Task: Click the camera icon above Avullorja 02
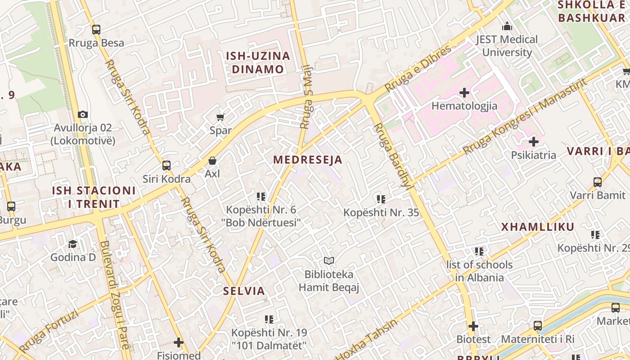(x=82, y=114)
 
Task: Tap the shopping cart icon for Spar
(x=220, y=117)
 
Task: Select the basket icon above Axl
(x=212, y=161)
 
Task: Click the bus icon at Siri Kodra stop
(x=166, y=166)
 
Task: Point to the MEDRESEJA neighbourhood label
(x=308, y=160)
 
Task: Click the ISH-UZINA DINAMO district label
(x=258, y=63)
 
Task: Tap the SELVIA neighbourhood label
(x=244, y=291)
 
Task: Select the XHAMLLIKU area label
(x=538, y=227)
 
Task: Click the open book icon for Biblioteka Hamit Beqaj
(x=329, y=261)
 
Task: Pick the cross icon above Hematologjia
(x=464, y=93)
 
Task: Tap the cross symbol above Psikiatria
(x=534, y=142)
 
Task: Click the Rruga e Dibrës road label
(x=418, y=68)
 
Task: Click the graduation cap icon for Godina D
(x=73, y=244)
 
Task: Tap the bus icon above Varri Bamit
(x=598, y=182)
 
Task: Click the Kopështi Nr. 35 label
(x=381, y=212)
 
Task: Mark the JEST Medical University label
(x=507, y=46)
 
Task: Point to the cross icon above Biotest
(x=473, y=326)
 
